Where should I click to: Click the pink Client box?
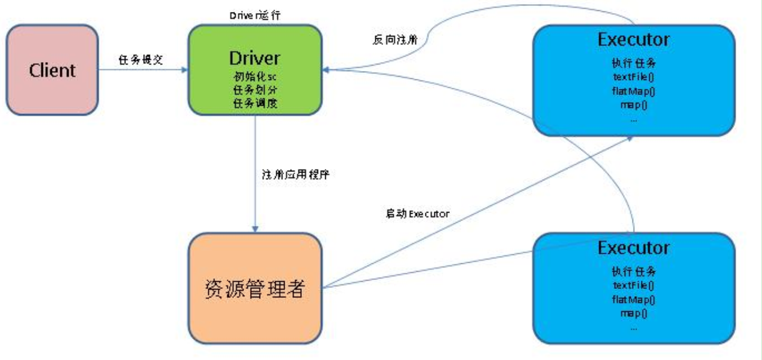(x=53, y=70)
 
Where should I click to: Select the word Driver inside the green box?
(x=254, y=58)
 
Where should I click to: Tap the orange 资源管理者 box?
(x=255, y=288)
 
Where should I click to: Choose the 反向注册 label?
(x=391, y=40)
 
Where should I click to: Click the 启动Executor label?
(x=417, y=213)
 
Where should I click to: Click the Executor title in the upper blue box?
(x=633, y=39)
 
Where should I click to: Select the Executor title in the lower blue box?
(x=633, y=247)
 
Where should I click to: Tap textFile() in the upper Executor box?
(x=633, y=77)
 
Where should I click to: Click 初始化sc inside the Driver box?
(x=255, y=76)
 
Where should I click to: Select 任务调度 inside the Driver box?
(x=255, y=103)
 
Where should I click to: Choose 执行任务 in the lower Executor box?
(x=633, y=270)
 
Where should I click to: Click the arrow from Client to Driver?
(x=143, y=70)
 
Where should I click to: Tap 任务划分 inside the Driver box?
(x=255, y=90)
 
